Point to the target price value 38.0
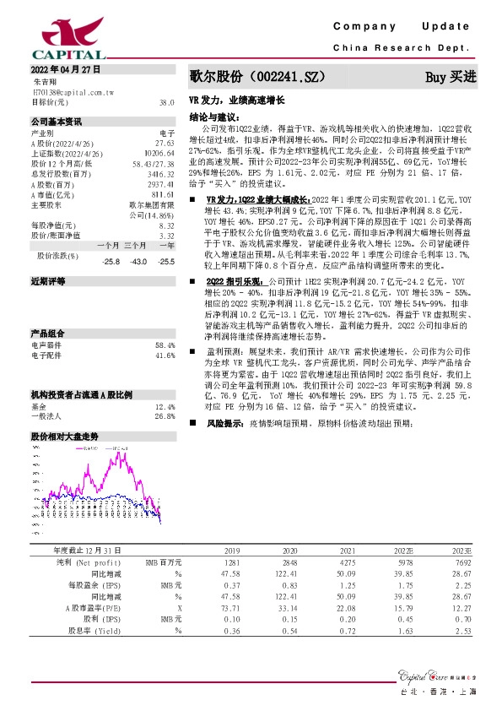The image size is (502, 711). pos(166,101)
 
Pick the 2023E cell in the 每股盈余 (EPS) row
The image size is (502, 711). pos(462,584)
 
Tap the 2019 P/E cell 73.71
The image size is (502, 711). pos(229,607)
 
